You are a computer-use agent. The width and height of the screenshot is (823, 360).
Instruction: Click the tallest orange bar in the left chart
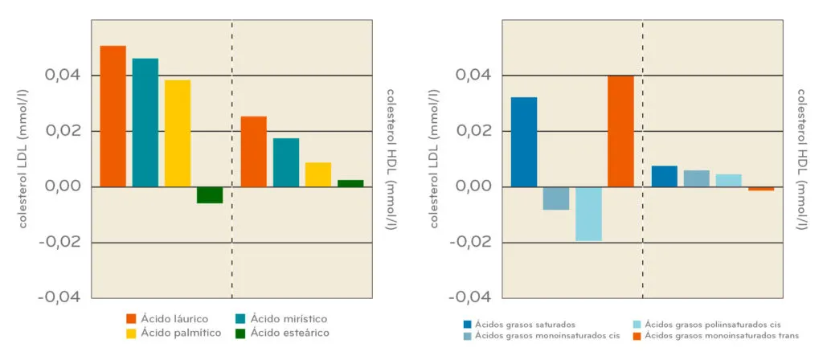(113, 116)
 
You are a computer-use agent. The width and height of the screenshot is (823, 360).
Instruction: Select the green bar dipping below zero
(210, 194)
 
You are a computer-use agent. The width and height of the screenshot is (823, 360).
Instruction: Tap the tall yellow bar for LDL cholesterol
(178, 133)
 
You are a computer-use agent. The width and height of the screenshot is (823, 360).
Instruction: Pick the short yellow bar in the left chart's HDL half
(318, 174)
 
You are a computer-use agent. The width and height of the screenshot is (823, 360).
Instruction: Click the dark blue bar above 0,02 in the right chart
(524, 141)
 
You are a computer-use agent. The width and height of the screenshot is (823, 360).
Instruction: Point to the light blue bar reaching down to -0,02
(588, 214)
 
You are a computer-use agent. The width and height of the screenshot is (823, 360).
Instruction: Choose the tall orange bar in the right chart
(620, 131)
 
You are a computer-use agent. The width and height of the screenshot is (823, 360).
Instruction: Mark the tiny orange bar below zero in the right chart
(761, 189)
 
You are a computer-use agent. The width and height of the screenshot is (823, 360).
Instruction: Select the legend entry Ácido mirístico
(281, 319)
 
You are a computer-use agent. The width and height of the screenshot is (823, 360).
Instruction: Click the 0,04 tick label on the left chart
(61, 76)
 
